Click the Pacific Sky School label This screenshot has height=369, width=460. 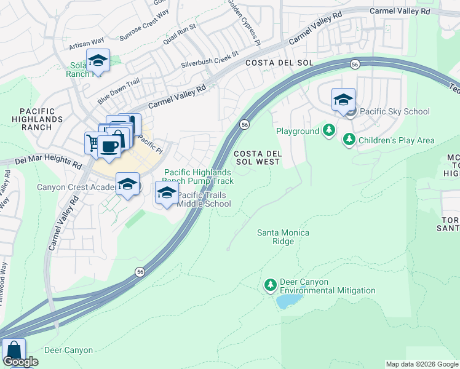[x=394, y=111]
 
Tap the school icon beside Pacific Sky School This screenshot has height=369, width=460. [x=343, y=100]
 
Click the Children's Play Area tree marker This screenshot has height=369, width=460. [x=349, y=140]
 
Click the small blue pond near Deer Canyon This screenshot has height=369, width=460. [x=289, y=301]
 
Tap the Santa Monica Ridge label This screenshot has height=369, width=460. [x=283, y=237]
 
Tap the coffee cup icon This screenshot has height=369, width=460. [x=109, y=146]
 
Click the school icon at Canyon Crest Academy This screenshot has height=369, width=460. [x=127, y=184]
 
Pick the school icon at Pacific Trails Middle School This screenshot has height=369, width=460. [x=166, y=192]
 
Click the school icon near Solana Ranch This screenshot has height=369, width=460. [x=97, y=60]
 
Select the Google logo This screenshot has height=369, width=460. [x=20, y=362]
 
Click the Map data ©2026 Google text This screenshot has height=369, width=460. [x=421, y=364]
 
